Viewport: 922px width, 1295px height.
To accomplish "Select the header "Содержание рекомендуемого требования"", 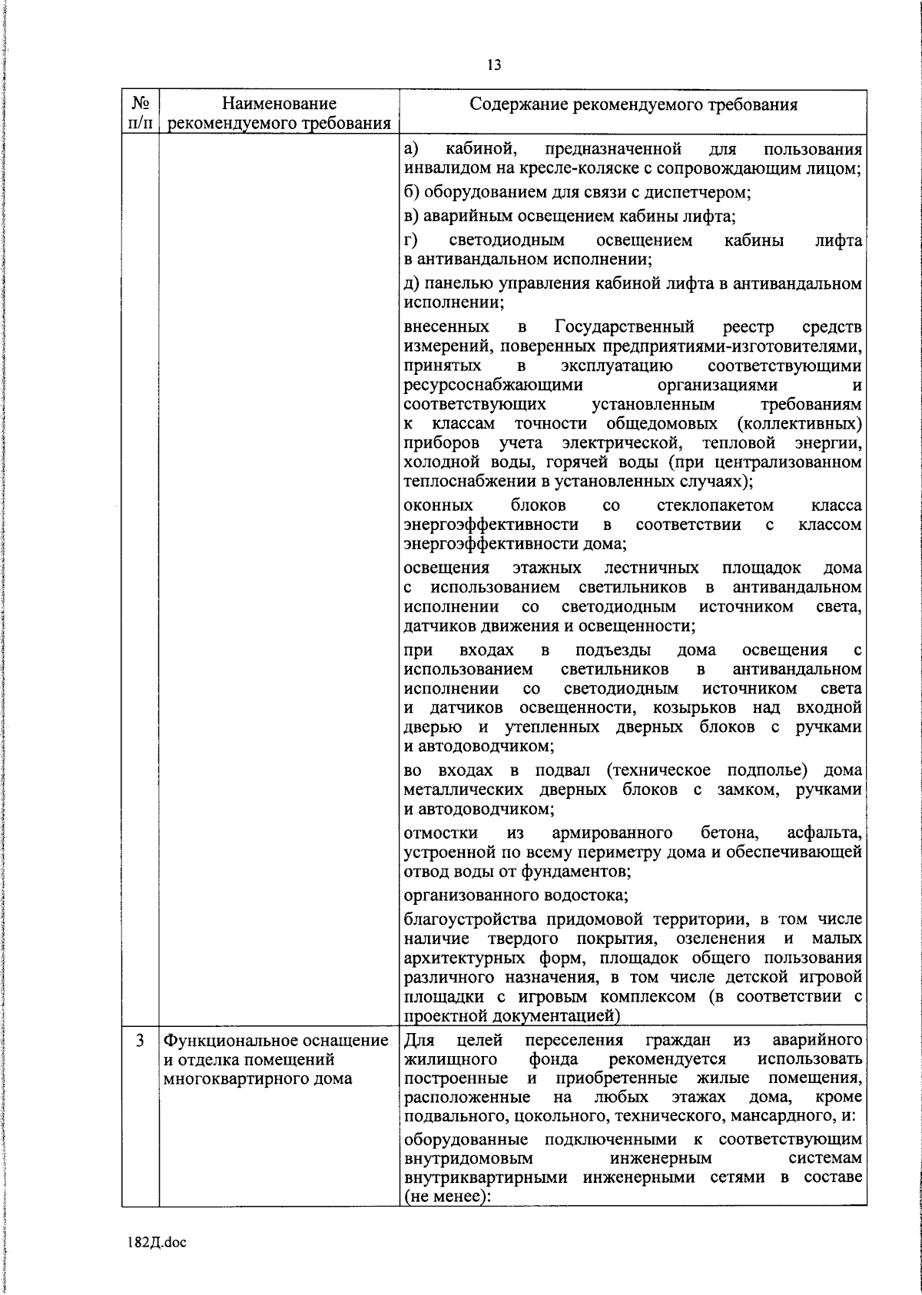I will click(633, 104).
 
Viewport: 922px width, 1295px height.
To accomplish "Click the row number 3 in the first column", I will click(139, 1041).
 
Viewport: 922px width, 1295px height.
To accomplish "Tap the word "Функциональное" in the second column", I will click(216, 1041).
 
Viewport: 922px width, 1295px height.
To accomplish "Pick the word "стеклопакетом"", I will click(715, 505).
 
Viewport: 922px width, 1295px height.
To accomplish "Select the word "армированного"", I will click(612, 833).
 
